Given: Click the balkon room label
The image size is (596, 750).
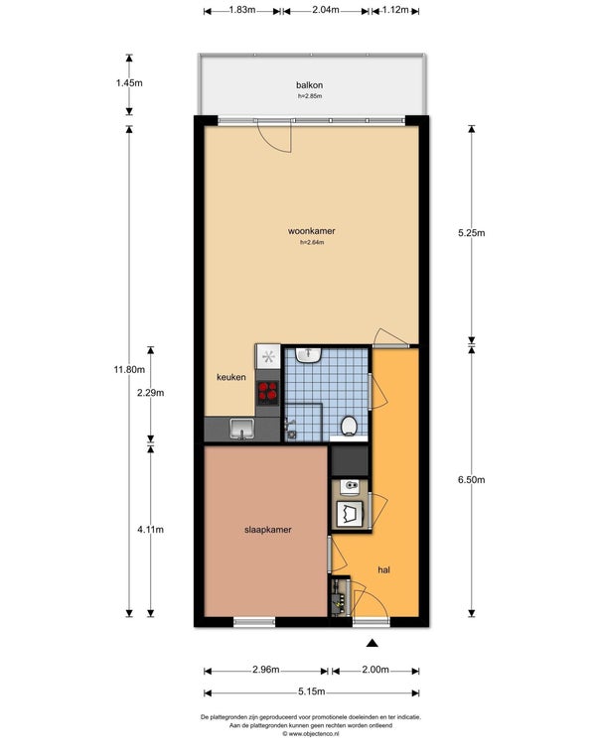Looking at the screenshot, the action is point(309,85).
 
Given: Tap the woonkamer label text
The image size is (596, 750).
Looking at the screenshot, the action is point(312,231).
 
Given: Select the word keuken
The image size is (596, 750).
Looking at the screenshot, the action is point(231,377).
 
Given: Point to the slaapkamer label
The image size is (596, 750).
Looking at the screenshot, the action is point(268,530).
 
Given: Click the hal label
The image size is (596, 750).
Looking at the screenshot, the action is point(383,569).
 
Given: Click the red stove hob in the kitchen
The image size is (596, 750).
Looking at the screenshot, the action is point(268,391).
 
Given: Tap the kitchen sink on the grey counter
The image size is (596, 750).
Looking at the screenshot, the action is point(242,429).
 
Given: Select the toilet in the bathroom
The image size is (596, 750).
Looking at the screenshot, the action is point(350,426).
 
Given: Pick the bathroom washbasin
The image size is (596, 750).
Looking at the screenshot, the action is point(308,354).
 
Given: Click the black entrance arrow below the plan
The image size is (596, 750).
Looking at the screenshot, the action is point(372,643).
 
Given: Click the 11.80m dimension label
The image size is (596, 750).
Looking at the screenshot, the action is point(129,369).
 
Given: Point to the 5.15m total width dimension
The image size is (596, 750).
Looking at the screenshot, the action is point(312,691).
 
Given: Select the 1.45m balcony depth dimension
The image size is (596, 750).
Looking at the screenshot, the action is point(129,82).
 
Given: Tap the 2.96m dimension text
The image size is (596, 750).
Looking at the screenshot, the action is point(266,670).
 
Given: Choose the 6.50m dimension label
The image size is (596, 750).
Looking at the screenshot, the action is point(472,480).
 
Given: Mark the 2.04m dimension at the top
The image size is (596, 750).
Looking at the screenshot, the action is point(326,10).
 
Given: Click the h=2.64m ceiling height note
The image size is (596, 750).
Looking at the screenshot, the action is point(312,242).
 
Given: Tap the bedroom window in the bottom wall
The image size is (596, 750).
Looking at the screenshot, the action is point(254,622).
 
